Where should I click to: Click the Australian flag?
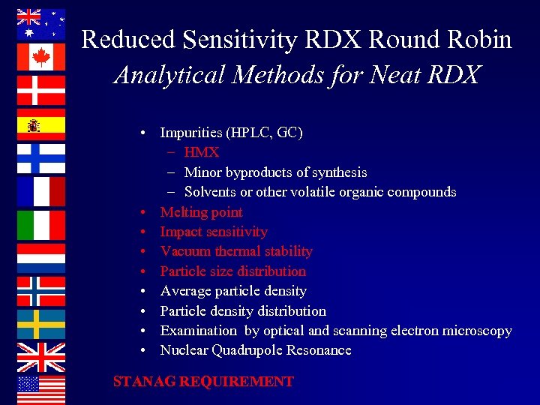(41, 24)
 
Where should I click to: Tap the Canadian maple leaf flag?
(41, 57)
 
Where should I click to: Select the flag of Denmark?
(41, 91)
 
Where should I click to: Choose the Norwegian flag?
(41, 292)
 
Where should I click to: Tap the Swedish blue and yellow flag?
(41, 324)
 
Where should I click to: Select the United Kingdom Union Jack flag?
(41, 357)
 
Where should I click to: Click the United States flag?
(41, 389)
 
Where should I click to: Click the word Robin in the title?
(476, 39)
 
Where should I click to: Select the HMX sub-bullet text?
(201, 152)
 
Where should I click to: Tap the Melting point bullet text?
(201, 212)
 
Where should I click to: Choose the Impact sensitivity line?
(213, 232)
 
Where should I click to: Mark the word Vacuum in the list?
(184, 251)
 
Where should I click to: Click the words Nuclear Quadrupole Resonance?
(255, 350)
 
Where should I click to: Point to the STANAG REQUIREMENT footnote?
(202, 382)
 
